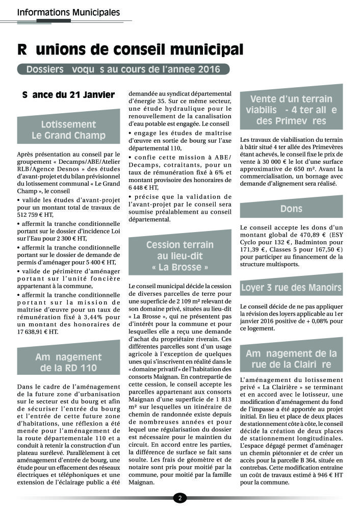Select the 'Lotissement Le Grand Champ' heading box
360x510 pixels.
tap(68, 130)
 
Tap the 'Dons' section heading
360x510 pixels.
tap(291, 209)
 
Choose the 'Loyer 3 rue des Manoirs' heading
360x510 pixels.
tap(291, 287)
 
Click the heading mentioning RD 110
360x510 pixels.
tap(68, 362)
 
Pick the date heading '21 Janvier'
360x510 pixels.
tap(69, 95)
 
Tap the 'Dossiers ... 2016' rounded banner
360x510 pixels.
tap(122, 69)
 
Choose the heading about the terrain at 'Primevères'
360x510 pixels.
tap(291, 110)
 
